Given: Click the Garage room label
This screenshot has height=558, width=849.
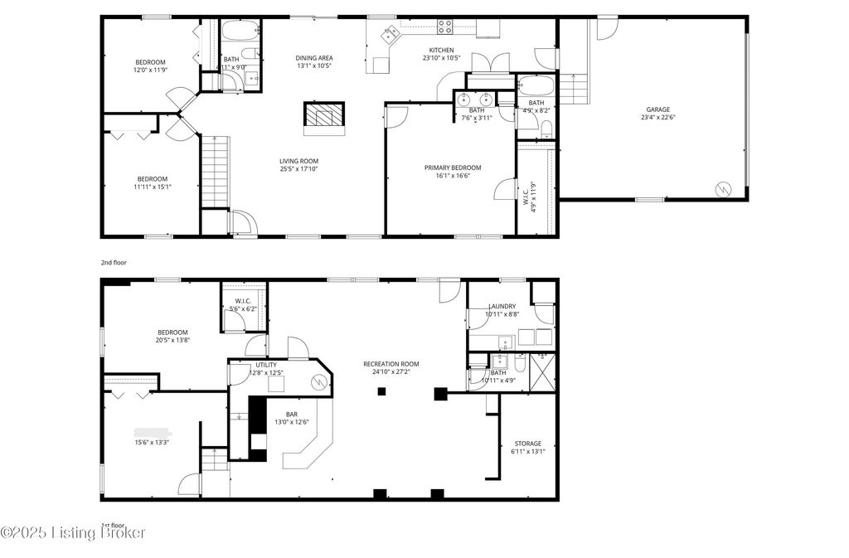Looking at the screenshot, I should [658, 109].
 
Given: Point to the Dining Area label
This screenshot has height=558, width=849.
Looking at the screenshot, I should [314, 58].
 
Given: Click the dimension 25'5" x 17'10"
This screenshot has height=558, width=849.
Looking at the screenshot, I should [298, 170].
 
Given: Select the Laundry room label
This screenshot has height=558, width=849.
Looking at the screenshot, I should [502, 306].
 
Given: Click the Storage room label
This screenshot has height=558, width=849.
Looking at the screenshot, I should [527, 444].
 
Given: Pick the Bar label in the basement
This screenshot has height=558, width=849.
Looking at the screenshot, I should [292, 414].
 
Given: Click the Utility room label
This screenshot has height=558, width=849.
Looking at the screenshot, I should [266, 365].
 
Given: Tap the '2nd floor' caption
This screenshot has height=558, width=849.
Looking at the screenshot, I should [114, 262].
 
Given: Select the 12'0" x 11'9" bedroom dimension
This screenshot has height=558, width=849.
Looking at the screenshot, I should [151, 70].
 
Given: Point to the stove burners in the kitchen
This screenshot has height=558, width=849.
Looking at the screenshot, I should [445, 27].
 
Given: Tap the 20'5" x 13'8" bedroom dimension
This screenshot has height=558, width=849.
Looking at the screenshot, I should [173, 341].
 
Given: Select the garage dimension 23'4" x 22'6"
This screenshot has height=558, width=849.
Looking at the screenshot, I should [658, 118].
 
